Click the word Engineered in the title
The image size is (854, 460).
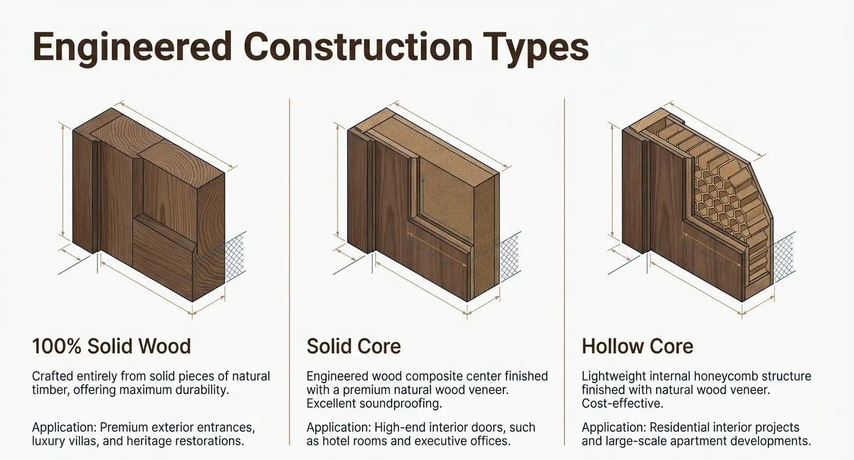point(132,48)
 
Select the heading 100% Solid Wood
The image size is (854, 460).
point(111,346)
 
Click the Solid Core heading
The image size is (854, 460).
point(353,346)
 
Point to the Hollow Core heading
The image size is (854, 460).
point(637,346)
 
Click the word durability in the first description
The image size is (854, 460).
point(202,390)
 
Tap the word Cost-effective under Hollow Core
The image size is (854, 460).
point(623,404)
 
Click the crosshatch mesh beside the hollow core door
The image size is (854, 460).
point(784,256)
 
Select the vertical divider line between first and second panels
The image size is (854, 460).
point(289,271)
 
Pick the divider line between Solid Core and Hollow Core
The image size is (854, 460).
point(564,271)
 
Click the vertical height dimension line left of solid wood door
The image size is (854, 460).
point(62,179)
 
